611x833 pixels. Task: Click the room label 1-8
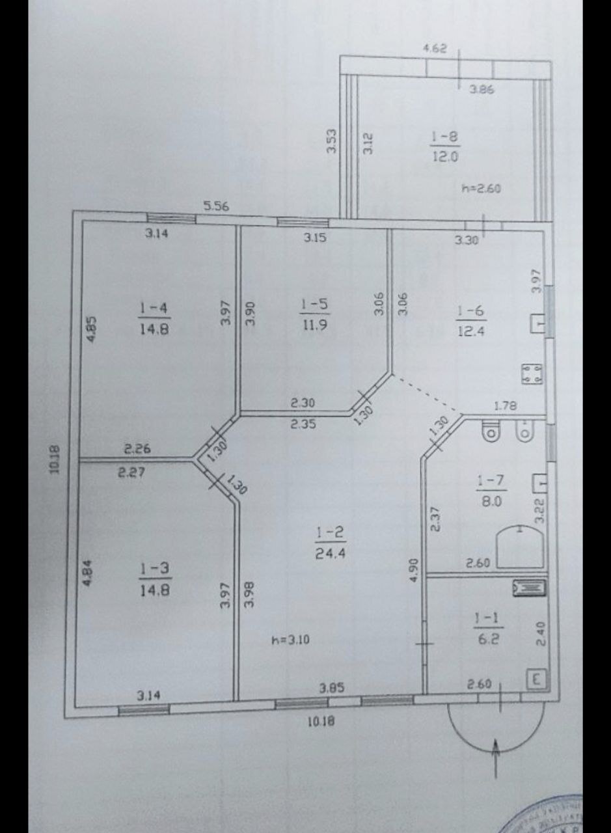click(x=445, y=137)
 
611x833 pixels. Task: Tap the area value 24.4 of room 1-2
click(x=331, y=553)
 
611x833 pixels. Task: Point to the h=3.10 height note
click(x=290, y=640)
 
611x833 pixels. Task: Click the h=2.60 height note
click(x=481, y=189)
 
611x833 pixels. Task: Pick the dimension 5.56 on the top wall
click(x=216, y=206)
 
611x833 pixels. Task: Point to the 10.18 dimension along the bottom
click(x=320, y=721)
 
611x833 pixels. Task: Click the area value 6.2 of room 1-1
click(x=489, y=638)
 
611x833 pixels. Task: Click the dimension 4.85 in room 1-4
click(x=92, y=329)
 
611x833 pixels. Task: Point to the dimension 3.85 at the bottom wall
click(x=331, y=687)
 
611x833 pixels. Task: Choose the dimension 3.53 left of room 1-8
click(x=332, y=141)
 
